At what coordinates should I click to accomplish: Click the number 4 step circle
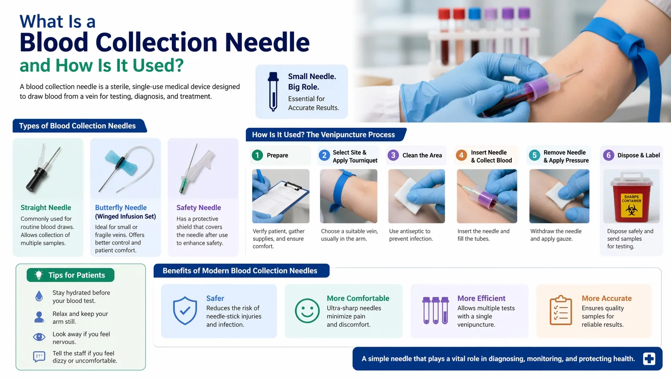(x=462, y=155)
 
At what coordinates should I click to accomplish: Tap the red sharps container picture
(x=631, y=196)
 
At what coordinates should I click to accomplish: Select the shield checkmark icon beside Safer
(x=185, y=311)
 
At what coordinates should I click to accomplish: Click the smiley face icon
(x=307, y=311)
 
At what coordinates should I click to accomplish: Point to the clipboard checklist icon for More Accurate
(x=561, y=310)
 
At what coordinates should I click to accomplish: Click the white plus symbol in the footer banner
(x=649, y=359)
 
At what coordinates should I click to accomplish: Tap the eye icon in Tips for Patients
(x=39, y=337)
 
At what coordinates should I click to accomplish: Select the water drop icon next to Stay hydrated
(x=39, y=296)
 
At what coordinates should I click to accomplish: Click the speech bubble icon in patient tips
(x=39, y=357)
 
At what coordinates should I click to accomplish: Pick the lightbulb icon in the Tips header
(x=39, y=275)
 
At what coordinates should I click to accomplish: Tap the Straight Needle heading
(x=46, y=207)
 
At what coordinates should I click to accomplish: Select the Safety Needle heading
(x=199, y=207)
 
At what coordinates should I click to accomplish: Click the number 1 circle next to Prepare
(x=257, y=155)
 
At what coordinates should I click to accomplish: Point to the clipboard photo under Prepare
(x=281, y=196)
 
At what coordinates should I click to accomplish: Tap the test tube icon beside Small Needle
(x=273, y=92)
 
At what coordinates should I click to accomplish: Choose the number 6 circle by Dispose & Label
(x=608, y=155)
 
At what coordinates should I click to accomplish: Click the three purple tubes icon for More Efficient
(x=435, y=310)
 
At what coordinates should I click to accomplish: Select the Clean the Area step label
(x=422, y=155)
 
